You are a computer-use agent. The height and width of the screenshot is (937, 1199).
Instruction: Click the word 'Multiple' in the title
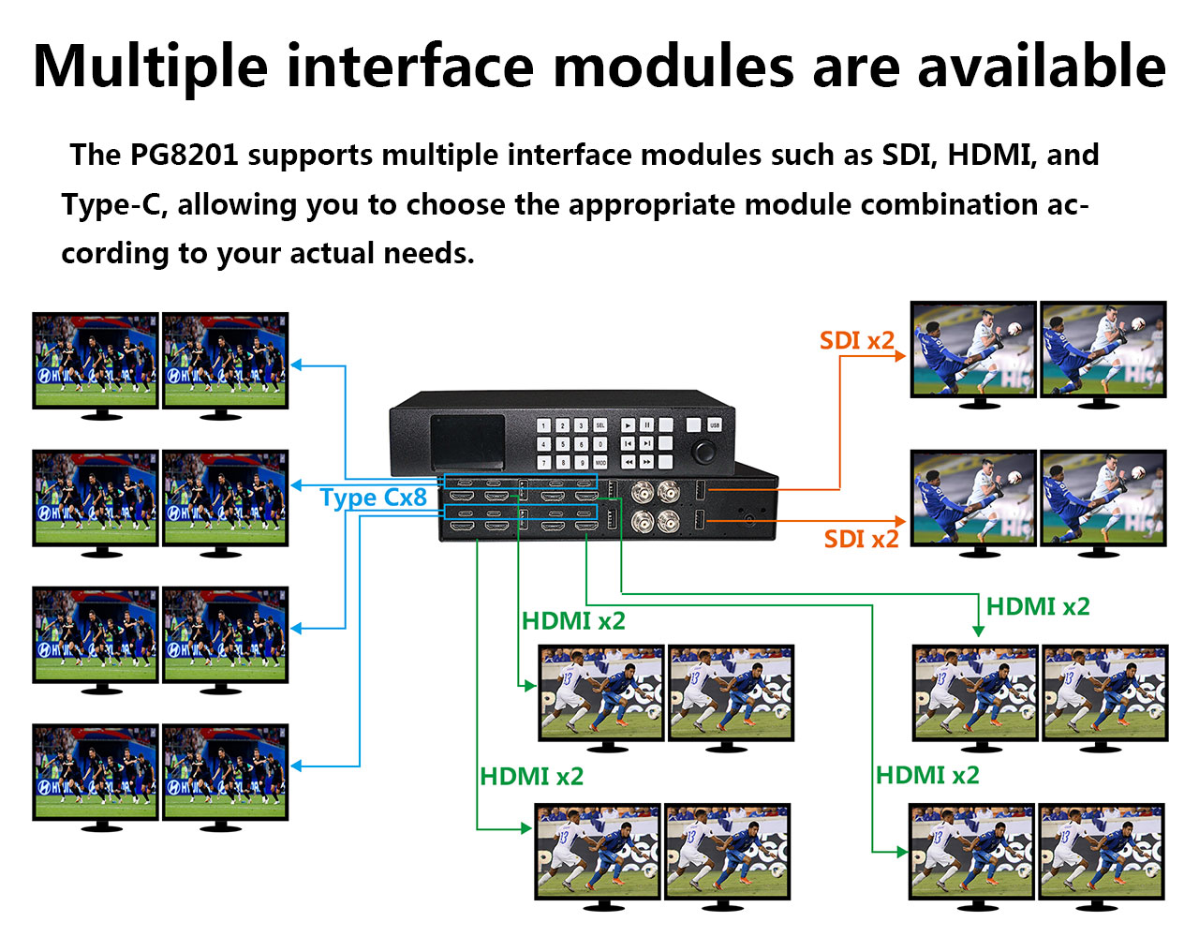[x=150, y=67]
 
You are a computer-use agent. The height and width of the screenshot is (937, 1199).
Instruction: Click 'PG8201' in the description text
[x=184, y=155]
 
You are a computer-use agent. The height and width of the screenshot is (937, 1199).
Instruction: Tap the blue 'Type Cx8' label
[x=373, y=497]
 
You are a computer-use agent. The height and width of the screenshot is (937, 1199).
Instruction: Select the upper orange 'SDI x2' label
[x=856, y=340]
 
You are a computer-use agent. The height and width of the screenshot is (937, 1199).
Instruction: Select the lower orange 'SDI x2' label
[x=861, y=539]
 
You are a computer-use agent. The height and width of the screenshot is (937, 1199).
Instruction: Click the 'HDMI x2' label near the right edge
[x=1038, y=606]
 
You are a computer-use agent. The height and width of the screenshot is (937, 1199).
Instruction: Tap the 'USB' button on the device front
[x=715, y=425]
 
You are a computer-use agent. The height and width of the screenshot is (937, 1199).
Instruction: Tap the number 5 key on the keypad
[x=562, y=444]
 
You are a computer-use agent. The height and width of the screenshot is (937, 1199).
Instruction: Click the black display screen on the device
[x=467, y=442]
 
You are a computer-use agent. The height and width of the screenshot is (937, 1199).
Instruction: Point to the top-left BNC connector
[x=644, y=491]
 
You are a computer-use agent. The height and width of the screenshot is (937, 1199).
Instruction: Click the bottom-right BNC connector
[x=669, y=522]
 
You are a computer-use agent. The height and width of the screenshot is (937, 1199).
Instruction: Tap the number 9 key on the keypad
[x=581, y=462]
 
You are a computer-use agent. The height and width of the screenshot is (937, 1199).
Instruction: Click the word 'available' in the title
[x=1041, y=67]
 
